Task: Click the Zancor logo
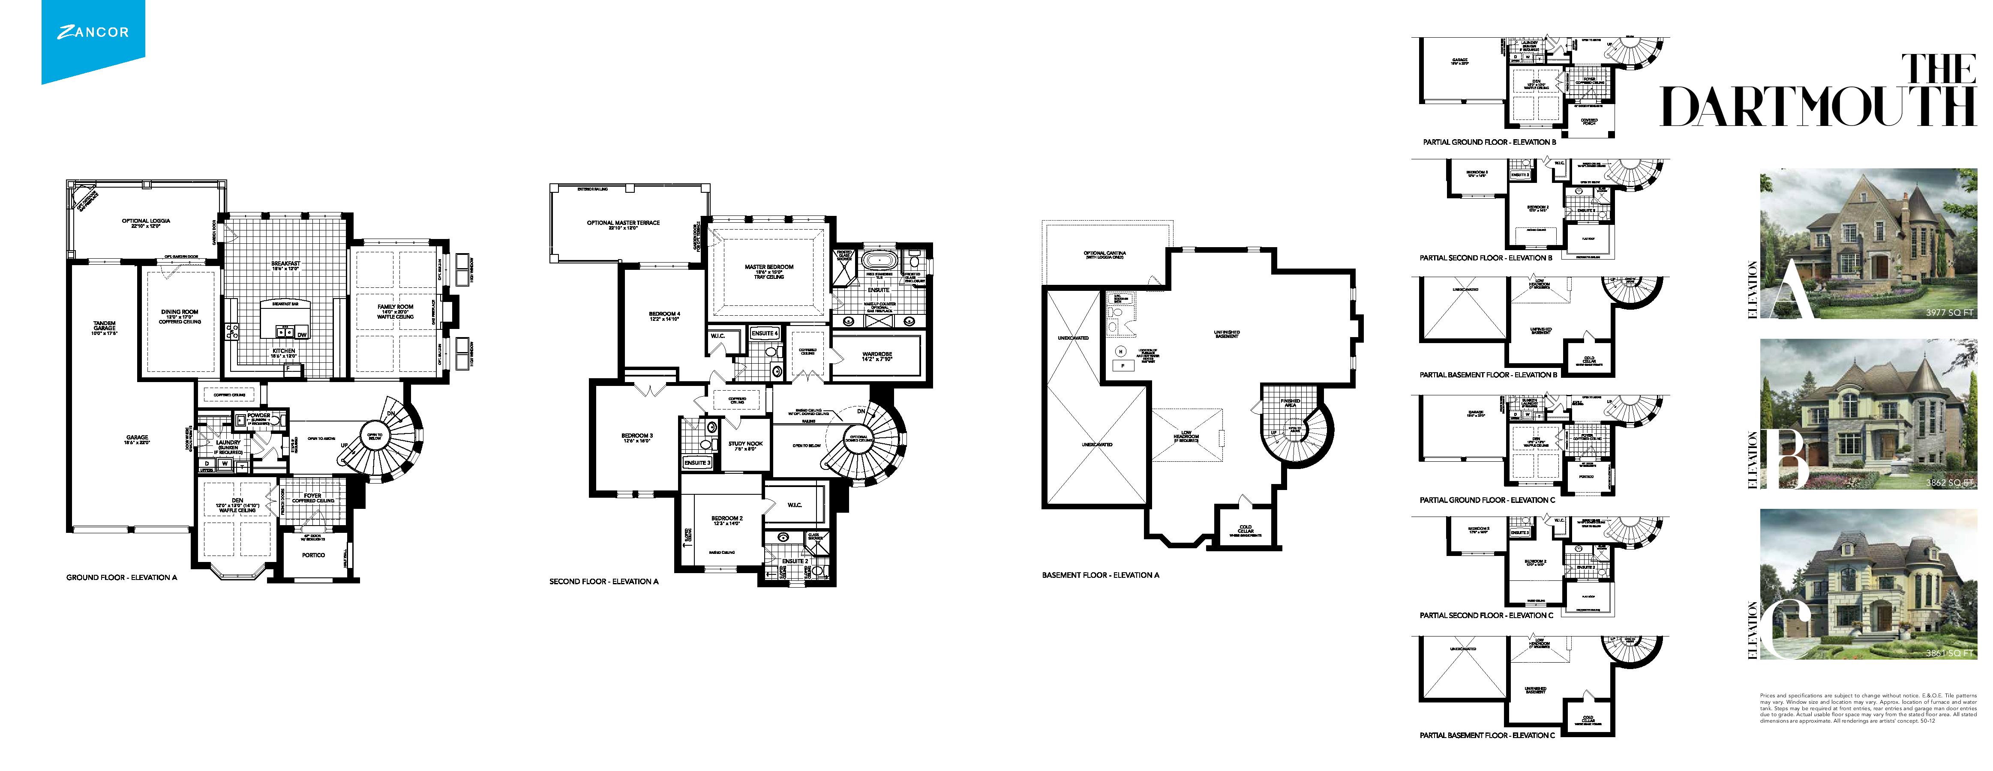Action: pyautogui.click(x=93, y=33)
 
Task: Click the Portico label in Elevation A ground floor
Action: pyautogui.click(x=313, y=555)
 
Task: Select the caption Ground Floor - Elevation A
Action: pyautogui.click(x=121, y=578)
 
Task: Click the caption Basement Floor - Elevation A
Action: pyautogui.click(x=1100, y=575)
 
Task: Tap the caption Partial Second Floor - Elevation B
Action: pyautogui.click(x=1486, y=258)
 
